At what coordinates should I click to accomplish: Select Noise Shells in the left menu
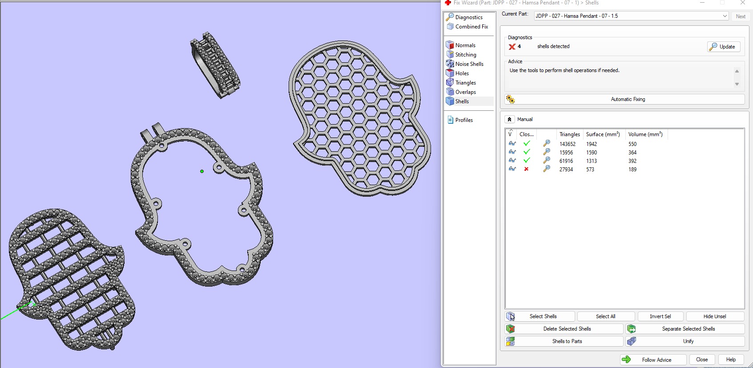click(469, 64)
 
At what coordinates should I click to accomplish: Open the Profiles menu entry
click(464, 120)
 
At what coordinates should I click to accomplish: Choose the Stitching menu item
click(466, 55)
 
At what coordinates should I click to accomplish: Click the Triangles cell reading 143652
click(568, 144)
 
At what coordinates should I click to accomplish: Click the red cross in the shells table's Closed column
click(526, 169)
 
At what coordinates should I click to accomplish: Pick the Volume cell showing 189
click(632, 170)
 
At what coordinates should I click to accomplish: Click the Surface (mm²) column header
click(603, 134)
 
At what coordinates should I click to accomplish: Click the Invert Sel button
click(660, 316)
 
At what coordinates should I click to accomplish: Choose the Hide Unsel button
click(715, 316)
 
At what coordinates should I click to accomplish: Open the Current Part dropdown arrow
click(725, 16)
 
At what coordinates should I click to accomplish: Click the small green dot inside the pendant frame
click(202, 171)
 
